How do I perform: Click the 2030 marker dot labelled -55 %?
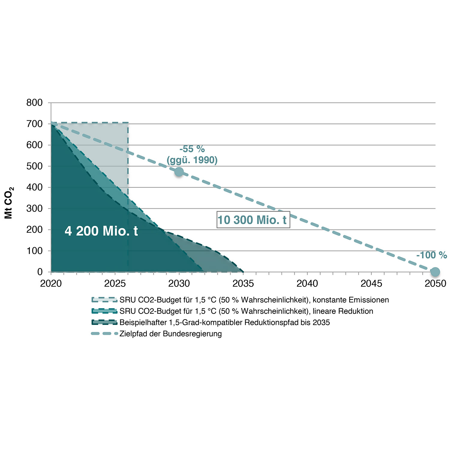point(179,172)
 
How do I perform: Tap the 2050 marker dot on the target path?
point(435,272)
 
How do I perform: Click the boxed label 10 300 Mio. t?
point(253,220)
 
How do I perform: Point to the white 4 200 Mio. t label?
point(101,231)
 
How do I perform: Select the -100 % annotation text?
point(431,255)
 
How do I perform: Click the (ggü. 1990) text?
point(192,160)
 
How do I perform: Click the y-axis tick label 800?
point(34,103)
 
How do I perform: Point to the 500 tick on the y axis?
point(34,166)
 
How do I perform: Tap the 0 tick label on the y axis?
point(40,272)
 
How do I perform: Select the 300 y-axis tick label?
point(34,208)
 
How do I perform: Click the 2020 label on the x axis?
point(51,283)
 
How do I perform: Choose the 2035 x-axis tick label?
point(243,283)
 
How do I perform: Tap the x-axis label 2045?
point(371,283)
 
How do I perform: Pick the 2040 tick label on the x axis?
point(307,283)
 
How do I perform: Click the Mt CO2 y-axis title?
point(9,203)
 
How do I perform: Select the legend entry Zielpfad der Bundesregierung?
point(170,334)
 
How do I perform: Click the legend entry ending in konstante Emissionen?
point(254,300)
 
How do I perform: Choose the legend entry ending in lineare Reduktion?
point(246,311)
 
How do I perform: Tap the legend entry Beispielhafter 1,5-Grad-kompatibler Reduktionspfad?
point(224,322)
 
